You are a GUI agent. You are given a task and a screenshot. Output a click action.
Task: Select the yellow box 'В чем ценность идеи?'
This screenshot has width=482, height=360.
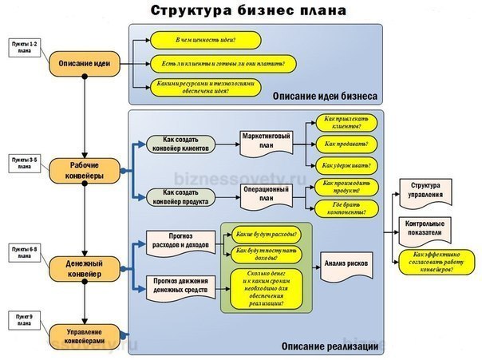(x=205, y=38)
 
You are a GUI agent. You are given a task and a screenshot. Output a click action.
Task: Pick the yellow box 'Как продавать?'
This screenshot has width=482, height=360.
(x=341, y=144)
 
